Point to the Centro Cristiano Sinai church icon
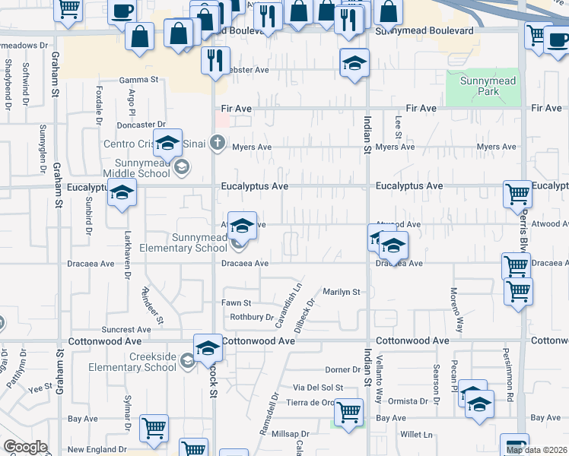(218, 142)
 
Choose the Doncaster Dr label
(140, 125)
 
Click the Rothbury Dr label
(251, 317)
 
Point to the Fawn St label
(236, 303)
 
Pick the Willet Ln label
(417, 435)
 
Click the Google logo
(24, 447)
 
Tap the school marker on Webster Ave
(354, 65)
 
